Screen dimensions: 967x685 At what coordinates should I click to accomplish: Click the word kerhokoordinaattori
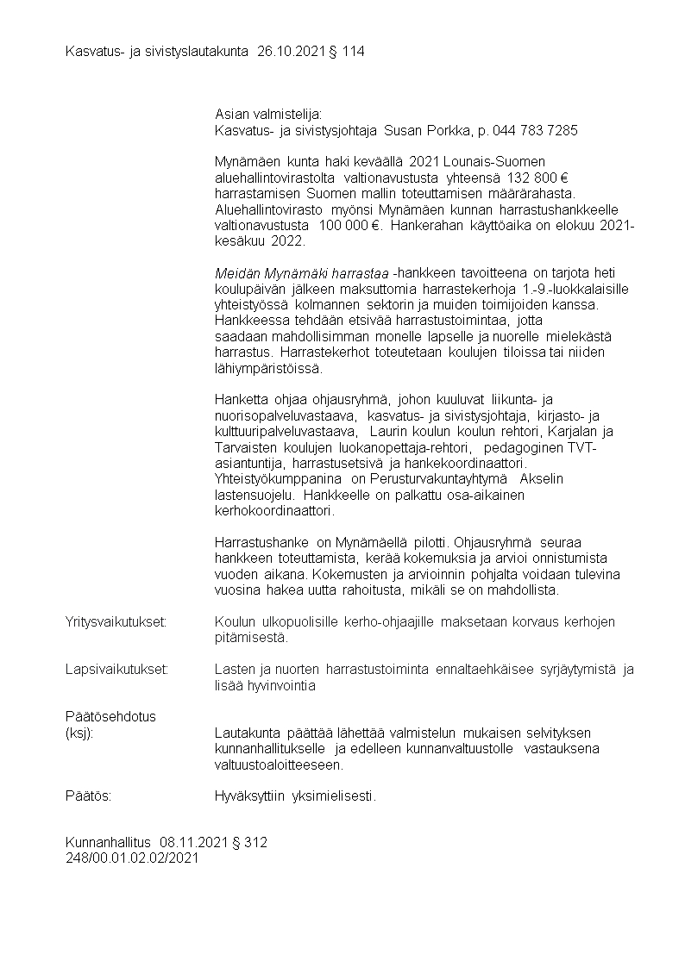[x=273, y=511]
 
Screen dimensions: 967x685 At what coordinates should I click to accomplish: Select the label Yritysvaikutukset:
[x=116, y=621]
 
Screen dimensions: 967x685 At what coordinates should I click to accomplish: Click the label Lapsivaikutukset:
[x=116, y=670]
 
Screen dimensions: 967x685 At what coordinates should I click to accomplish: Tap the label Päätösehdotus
[x=110, y=717]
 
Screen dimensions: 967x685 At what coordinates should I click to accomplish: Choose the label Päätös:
[x=89, y=796]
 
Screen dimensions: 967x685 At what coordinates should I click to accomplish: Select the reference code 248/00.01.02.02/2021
[x=132, y=858]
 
